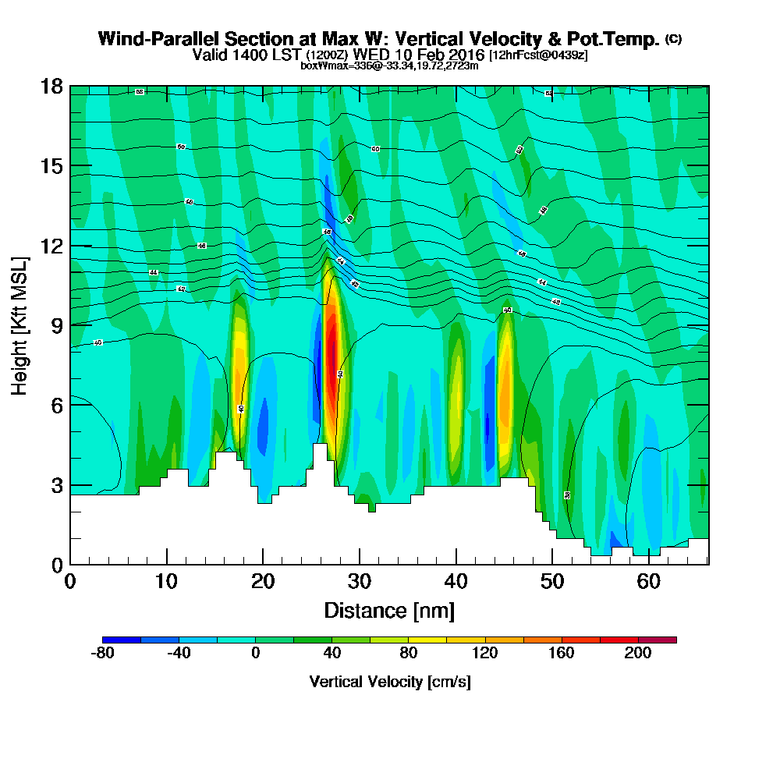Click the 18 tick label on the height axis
point(51,86)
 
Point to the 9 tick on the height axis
point(70,325)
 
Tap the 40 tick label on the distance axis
point(456,582)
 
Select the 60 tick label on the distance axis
point(649,582)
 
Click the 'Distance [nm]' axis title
point(389,610)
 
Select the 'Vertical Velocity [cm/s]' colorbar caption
point(390,682)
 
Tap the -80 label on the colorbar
point(104,654)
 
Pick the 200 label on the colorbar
point(638,654)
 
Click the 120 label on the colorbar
point(485,654)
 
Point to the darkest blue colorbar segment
point(122,640)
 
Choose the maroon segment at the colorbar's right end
point(658,640)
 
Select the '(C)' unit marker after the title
point(673,38)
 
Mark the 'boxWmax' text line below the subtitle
point(389,66)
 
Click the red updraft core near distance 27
point(331,351)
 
